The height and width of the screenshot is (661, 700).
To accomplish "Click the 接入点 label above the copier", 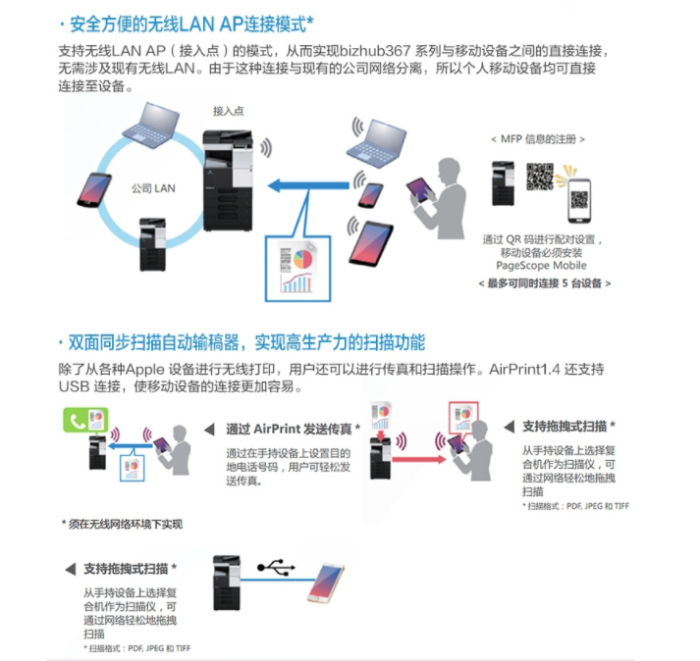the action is click(x=228, y=111).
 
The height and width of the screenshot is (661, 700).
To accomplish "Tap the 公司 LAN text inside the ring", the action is click(x=153, y=188).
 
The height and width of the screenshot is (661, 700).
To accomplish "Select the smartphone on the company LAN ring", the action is click(x=94, y=190).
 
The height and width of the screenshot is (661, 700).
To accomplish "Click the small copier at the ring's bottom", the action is click(x=153, y=244).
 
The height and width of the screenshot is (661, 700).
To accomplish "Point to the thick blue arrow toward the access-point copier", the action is click(x=308, y=185).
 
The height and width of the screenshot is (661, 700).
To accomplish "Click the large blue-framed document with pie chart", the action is click(x=297, y=269).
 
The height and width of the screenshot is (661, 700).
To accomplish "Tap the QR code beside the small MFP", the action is click(x=539, y=177).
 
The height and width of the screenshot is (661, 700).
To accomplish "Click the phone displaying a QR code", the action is click(x=579, y=201).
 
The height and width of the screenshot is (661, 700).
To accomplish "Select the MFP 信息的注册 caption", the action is click(x=538, y=139).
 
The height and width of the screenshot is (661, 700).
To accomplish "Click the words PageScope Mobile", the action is click(x=541, y=266).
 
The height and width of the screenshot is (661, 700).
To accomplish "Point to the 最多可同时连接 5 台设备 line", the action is click(x=544, y=283).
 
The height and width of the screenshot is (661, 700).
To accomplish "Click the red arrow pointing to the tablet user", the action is click(x=419, y=459).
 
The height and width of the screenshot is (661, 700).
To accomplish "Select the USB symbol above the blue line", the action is click(x=276, y=567).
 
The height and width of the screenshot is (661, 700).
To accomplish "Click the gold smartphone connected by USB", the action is click(x=326, y=583).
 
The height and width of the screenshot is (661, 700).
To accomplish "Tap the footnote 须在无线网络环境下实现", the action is click(x=122, y=524).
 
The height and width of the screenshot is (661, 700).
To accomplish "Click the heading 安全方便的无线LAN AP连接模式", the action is click(x=187, y=25).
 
